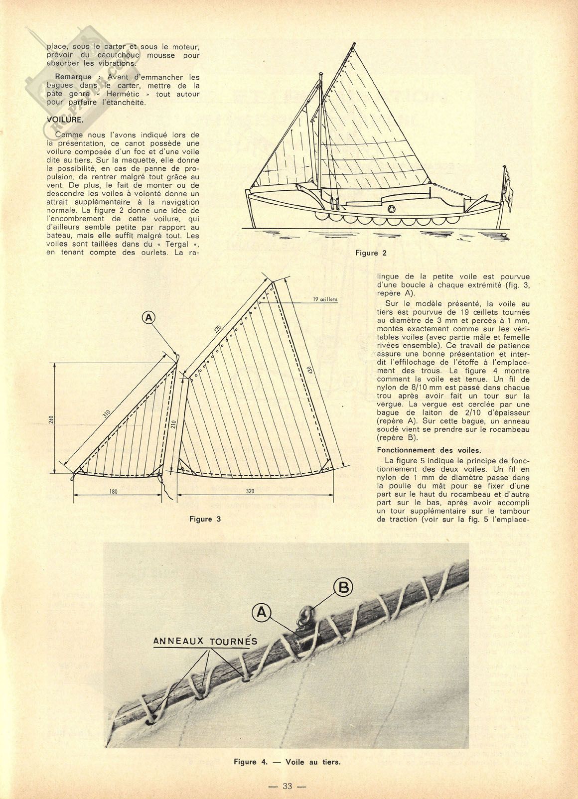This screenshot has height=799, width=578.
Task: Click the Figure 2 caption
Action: click(371, 253)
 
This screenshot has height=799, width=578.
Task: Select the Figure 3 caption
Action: click(205, 519)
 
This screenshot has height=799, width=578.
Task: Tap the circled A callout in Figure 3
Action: click(148, 317)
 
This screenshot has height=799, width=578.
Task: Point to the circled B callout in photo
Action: click(344, 588)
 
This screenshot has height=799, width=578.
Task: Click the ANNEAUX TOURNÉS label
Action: click(205, 641)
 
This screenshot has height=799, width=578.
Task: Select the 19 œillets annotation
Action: click(325, 299)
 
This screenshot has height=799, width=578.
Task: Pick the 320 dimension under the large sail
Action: click(250, 491)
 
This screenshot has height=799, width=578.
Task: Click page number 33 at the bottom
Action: click(287, 786)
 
